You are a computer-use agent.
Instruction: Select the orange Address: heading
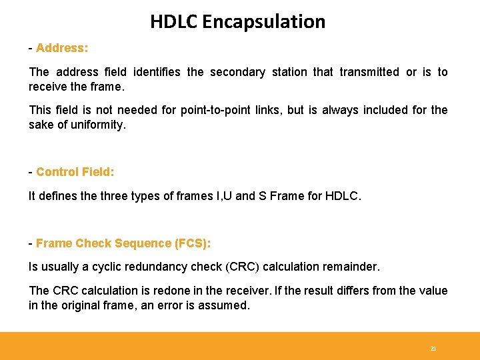pos(62,48)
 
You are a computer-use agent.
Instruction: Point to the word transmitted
pos(369,72)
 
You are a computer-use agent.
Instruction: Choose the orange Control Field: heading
pos(75,172)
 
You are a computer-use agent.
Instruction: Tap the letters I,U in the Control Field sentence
pos(221,196)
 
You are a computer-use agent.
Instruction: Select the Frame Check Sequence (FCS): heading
pos(123,243)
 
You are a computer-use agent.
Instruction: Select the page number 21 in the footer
pos(433,349)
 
